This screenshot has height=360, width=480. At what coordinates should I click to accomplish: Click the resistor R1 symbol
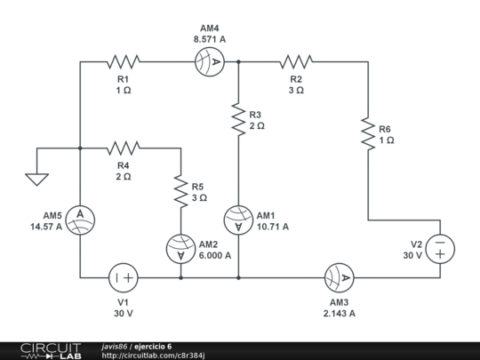(x=124, y=61)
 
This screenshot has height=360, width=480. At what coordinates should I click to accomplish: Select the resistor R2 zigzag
(x=296, y=61)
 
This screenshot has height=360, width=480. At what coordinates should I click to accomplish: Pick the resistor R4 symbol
(x=124, y=148)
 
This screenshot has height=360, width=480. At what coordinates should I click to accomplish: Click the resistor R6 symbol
(x=367, y=132)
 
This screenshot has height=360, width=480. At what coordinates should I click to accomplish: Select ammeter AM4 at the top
(x=210, y=61)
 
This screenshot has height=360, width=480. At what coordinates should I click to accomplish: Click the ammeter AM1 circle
(x=238, y=220)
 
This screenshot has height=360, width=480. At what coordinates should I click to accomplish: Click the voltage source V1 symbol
(x=124, y=277)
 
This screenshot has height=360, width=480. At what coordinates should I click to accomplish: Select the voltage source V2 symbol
(x=439, y=248)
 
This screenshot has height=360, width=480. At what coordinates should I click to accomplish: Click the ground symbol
(x=36, y=178)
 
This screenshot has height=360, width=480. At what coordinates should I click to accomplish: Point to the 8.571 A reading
(x=210, y=39)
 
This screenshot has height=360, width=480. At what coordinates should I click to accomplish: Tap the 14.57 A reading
(x=45, y=227)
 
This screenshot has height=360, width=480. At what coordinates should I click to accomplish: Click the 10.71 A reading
(x=273, y=227)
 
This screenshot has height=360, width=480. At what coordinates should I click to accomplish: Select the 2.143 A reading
(x=340, y=313)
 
